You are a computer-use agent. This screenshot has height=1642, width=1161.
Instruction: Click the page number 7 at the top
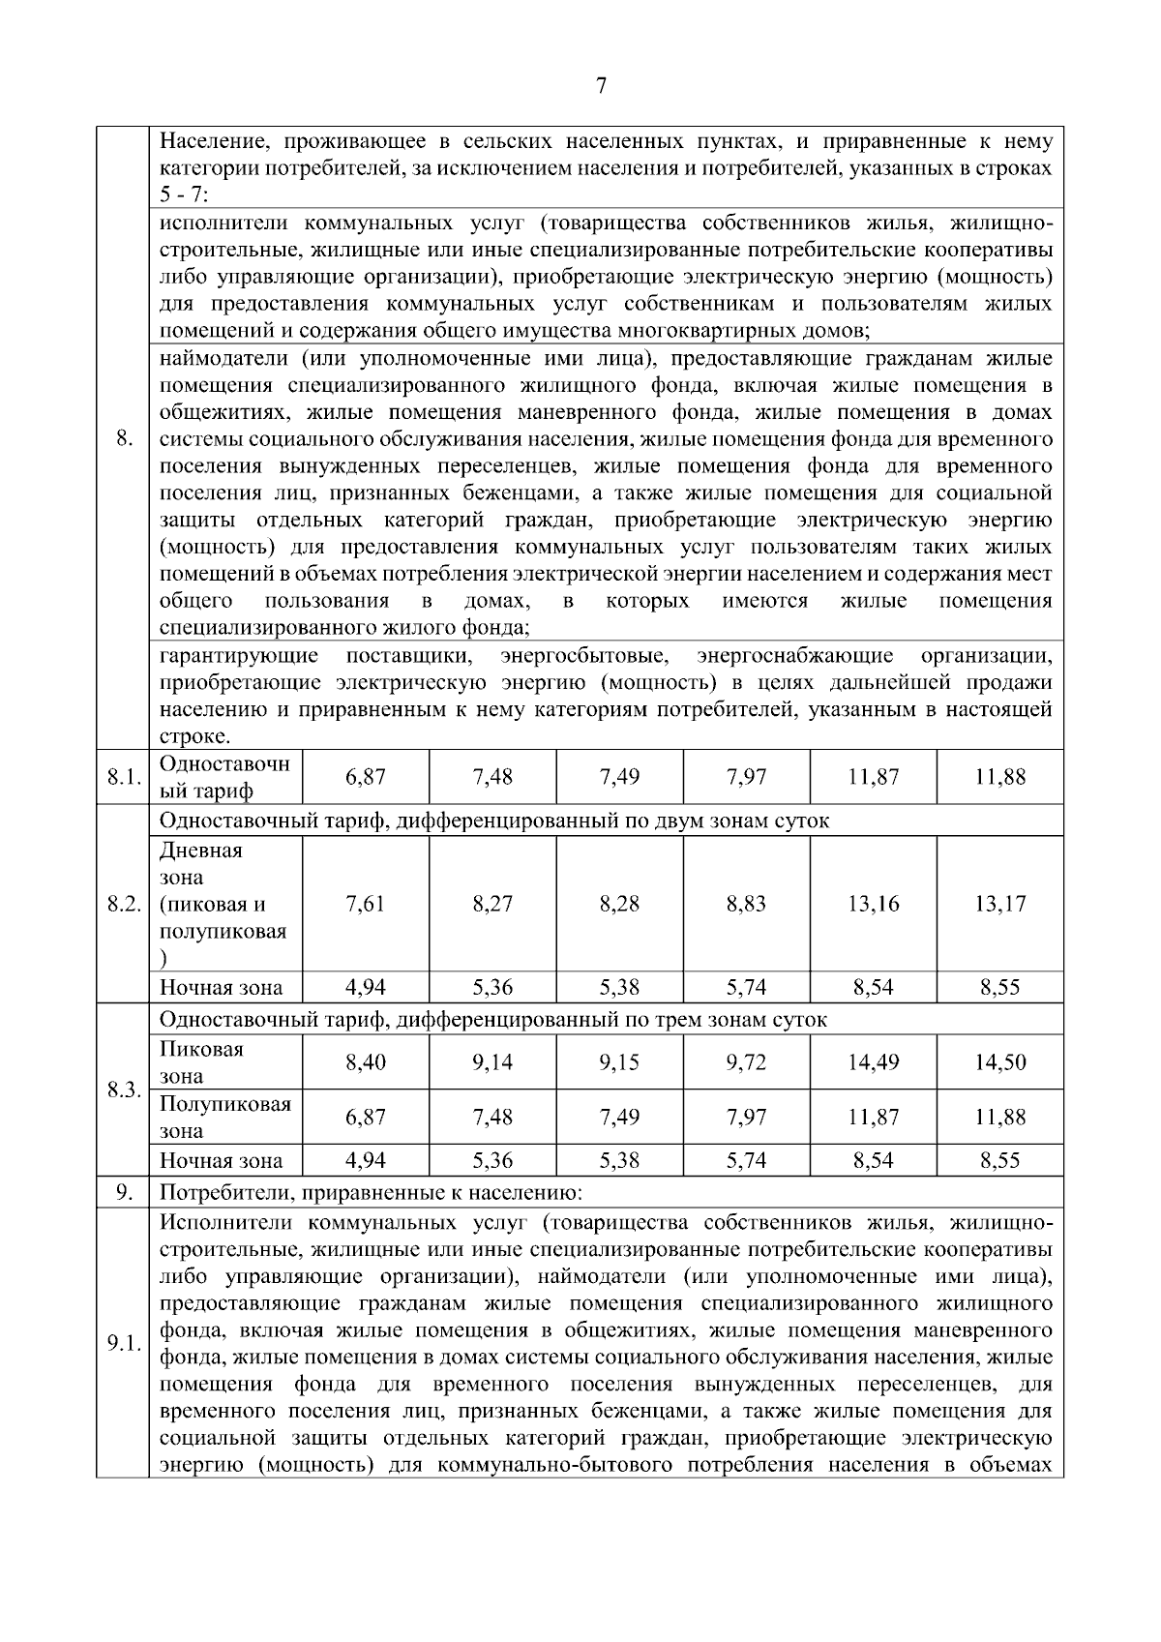[601, 86]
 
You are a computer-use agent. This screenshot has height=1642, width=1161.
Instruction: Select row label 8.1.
[122, 777]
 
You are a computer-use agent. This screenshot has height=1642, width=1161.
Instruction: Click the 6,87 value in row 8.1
[365, 776]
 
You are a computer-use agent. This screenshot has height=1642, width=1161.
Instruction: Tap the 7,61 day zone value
[365, 904]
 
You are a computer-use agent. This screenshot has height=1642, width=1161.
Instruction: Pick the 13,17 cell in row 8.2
[999, 904]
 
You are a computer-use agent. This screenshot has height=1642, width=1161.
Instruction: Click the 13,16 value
[873, 904]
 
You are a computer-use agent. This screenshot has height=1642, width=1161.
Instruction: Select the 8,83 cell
[746, 904]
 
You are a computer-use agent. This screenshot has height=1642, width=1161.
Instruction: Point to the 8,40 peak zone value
[365, 1062]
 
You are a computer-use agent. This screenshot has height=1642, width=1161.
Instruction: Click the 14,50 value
[999, 1062]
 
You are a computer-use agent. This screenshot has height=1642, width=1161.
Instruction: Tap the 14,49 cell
[873, 1062]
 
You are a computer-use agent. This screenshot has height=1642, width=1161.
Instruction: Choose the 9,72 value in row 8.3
[746, 1062]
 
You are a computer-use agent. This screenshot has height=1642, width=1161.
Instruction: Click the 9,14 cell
[492, 1062]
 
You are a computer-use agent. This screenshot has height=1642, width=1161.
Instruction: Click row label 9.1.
[122, 1344]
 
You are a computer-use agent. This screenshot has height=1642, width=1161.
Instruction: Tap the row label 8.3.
[122, 1090]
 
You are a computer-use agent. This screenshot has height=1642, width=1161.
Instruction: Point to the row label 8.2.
[122, 904]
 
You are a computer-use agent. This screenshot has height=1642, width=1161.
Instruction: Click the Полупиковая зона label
[224, 1118]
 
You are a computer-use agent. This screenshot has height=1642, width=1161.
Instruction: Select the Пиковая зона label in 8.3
[201, 1062]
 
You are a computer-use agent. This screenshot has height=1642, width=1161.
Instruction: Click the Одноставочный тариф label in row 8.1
[224, 777]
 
